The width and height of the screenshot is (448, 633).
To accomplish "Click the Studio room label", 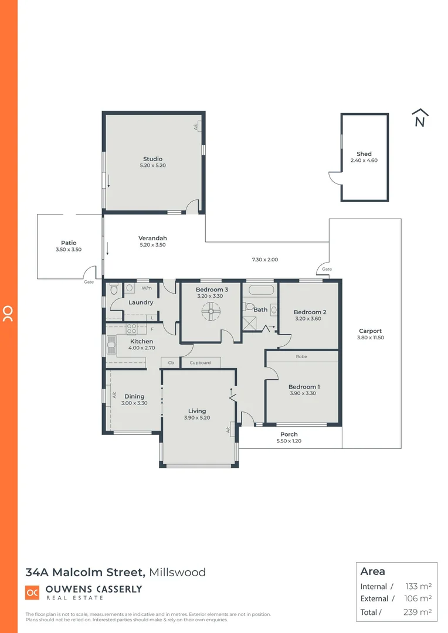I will pos(152,159).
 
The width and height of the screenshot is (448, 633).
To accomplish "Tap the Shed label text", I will pos(364,154).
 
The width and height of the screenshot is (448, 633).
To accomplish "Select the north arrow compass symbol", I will pos(420,118).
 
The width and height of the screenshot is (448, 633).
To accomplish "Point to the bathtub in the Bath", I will pos(259,290).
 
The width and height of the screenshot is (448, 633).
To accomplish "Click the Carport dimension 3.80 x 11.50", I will pos(370,338).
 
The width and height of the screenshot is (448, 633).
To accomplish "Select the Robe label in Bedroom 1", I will pos(301,356).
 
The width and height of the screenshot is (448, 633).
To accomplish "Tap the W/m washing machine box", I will pos(147,288).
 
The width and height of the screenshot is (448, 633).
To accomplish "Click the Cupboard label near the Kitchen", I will pos(200,363).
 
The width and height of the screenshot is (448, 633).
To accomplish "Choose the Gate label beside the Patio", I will pos(89,281).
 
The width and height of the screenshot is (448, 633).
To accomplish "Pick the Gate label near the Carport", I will pos(327,269).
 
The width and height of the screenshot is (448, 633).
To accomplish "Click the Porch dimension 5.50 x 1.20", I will pos(289,441).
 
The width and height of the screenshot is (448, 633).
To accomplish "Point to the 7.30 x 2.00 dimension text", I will pos(264,259).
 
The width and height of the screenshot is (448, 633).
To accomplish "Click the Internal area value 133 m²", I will pos(418,586).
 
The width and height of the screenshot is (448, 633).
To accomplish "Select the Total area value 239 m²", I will pos(418,612).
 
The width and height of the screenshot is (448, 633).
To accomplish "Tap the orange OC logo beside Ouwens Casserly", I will pos(32,593).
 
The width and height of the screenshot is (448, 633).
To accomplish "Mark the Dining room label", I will pos(134,396).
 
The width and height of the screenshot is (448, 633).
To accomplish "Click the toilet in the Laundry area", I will pos(114,289).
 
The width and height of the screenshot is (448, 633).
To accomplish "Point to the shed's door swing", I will pos(335,178).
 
